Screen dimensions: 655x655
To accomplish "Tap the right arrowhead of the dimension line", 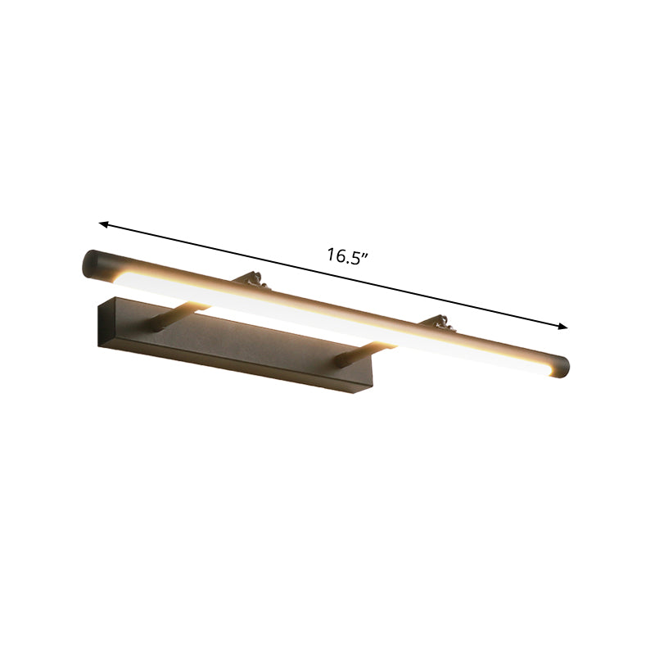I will (563, 327).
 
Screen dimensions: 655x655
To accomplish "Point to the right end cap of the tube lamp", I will (560, 366).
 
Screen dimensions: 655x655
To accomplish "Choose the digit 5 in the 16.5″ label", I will (358, 256).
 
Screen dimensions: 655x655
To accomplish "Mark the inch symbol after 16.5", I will (368, 255).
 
